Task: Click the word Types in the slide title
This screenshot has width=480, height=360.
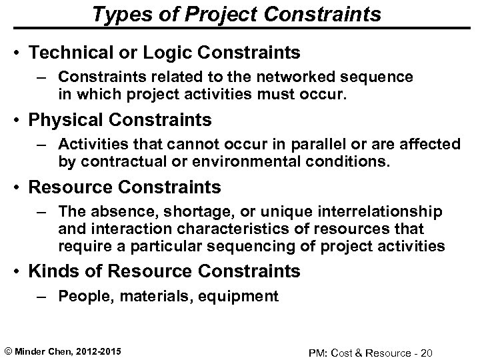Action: [119, 13]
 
